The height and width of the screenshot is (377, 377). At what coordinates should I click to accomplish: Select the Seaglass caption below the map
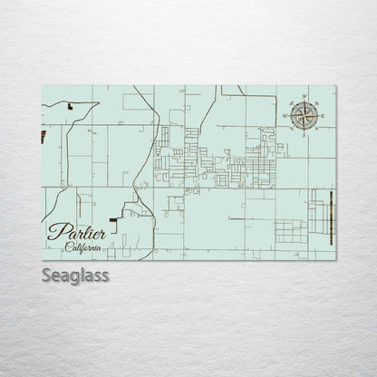pos(75,275)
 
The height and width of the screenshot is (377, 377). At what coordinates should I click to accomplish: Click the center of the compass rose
pos(304,114)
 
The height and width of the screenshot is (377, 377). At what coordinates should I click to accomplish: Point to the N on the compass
pos(304,96)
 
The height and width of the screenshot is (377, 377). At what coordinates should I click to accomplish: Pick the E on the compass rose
pos(323,115)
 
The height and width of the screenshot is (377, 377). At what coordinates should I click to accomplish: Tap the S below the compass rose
pos(304,133)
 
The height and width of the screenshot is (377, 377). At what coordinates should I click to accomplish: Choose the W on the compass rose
pos(285,115)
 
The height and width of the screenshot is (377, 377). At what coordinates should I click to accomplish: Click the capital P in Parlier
pos(56,231)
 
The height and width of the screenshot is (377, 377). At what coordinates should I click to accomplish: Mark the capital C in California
pos(68,247)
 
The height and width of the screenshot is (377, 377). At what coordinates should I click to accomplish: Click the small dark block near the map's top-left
pos(69,106)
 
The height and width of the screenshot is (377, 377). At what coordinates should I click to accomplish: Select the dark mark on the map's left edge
pos(43,137)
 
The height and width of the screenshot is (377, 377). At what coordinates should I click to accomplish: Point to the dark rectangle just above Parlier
pos(112,218)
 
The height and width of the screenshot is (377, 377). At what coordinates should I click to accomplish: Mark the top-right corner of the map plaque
pos(335,85)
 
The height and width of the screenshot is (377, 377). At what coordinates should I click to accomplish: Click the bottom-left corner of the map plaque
pos(42,260)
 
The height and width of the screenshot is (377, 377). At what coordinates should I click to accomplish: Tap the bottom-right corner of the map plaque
pos(335,260)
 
